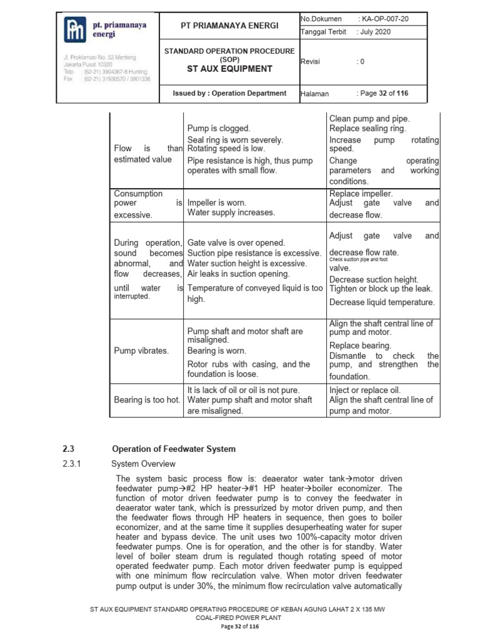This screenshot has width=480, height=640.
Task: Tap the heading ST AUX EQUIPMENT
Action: tap(229, 69)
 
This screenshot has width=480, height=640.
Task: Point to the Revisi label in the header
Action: tap(311, 62)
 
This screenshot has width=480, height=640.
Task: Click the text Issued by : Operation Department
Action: tap(229, 93)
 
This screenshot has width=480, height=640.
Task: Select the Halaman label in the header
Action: tap(315, 94)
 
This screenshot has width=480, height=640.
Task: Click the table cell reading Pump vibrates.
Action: tap(141, 351)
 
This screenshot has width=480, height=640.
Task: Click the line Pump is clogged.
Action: tap(219, 128)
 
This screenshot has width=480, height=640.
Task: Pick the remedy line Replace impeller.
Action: tap(361, 194)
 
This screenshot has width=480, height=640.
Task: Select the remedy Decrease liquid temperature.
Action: tap(381, 302)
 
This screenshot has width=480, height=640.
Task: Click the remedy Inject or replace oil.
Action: tap(365, 390)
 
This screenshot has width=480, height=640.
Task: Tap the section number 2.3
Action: tap(69, 449)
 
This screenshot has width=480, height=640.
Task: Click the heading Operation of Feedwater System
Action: tap(173, 449)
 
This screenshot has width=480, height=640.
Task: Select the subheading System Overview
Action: tap(143, 464)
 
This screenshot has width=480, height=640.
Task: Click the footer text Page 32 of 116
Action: tap(239, 626)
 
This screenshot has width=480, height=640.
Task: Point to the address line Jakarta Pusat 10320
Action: tap(88, 64)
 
